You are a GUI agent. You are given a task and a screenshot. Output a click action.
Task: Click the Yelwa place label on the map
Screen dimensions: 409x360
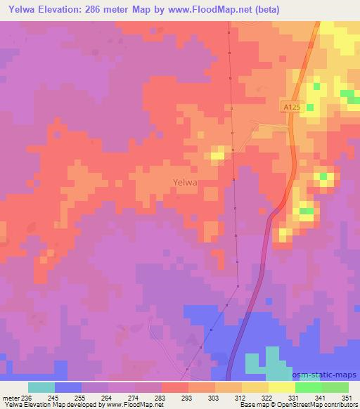[x=185, y=182]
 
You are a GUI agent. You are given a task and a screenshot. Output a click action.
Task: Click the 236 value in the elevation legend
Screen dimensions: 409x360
[x=27, y=397]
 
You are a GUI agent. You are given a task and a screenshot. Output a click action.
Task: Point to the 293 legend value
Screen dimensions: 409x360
[x=187, y=397]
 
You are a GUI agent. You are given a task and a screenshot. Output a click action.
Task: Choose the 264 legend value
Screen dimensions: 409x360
[x=106, y=397]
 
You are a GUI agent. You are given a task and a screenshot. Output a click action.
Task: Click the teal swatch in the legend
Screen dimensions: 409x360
[x=41, y=387]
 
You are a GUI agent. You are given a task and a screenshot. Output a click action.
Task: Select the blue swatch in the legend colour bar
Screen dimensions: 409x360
[x=68, y=387]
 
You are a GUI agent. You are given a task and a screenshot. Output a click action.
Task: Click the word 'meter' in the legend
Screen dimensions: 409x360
[x=10, y=397]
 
